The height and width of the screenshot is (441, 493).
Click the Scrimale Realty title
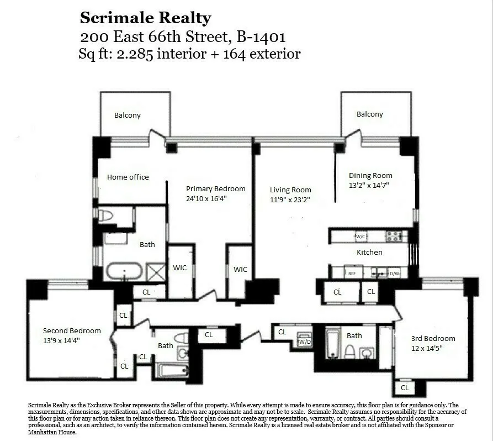coord(145,18)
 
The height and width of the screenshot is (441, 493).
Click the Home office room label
coord(128,177)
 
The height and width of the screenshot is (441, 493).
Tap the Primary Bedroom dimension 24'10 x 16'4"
coord(215,198)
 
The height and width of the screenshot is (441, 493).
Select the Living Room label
coord(290,190)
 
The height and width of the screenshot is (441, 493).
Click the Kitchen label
coord(369,252)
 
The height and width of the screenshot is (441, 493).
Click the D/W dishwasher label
coord(394,272)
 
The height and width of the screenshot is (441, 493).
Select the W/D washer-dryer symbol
coord(304,341)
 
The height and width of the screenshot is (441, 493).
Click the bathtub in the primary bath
coord(124,272)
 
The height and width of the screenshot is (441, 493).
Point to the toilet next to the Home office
coord(105,216)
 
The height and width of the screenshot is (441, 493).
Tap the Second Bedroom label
coord(72,330)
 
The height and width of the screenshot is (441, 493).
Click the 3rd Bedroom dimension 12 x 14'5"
coord(433,349)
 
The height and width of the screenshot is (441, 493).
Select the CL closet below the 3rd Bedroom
coord(405,388)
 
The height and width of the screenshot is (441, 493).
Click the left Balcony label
coord(128,116)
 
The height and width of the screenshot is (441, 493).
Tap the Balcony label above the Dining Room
coord(369,114)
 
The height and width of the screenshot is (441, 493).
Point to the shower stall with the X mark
coord(156,272)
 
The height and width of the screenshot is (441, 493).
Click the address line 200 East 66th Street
coord(183,37)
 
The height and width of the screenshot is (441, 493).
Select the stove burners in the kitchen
coord(393,237)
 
